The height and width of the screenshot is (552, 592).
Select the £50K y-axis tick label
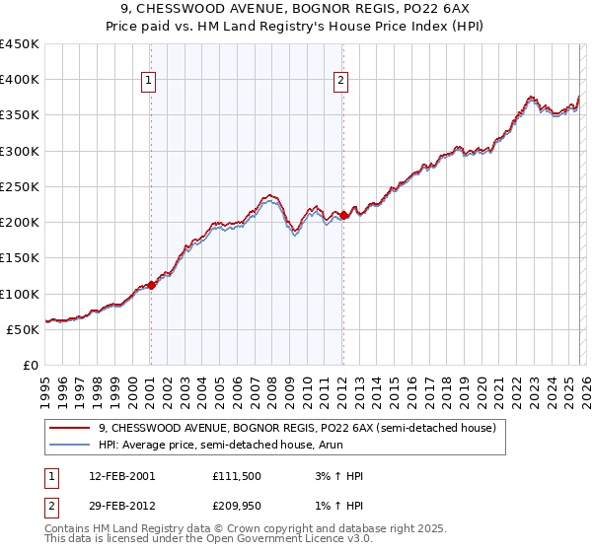[24, 329]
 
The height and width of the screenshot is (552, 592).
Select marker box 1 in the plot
[149, 82]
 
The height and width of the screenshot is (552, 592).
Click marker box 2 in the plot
[341, 82]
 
